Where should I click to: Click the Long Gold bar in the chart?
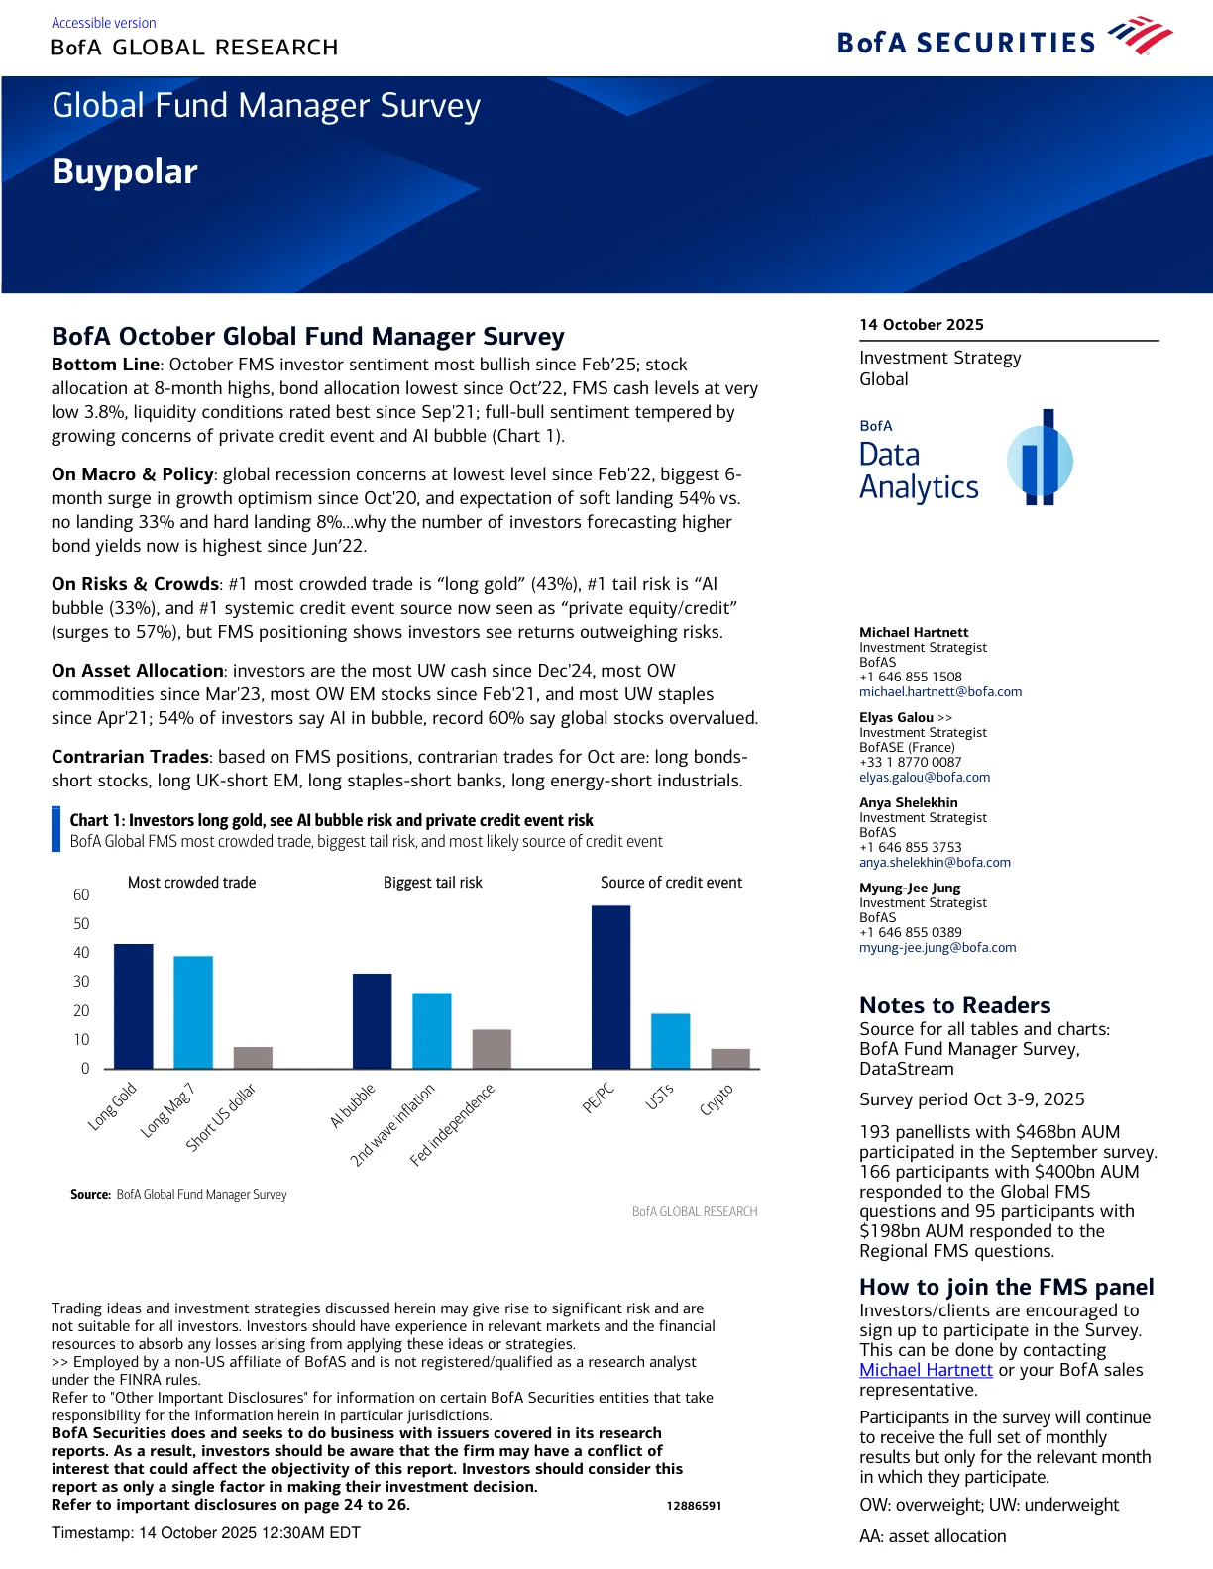click(x=134, y=1005)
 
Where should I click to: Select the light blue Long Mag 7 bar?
click(x=193, y=1011)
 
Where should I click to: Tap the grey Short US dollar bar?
click(x=253, y=1057)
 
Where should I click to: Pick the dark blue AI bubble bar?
click(x=373, y=1020)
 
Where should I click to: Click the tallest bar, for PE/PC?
click(x=610, y=987)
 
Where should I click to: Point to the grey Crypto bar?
click(x=730, y=1058)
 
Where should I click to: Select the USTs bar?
click(x=671, y=1040)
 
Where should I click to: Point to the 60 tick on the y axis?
click(x=81, y=895)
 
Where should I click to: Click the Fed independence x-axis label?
click(x=453, y=1124)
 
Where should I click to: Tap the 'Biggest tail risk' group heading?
click(x=433, y=883)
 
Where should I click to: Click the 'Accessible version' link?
click(x=104, y=23)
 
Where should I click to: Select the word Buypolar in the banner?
click(x=125, y=172)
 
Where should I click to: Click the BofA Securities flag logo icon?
click(x=1141, y=37)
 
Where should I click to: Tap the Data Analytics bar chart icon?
click(x=1041, y=459)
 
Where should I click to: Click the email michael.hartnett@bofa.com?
click(x=940, y=692)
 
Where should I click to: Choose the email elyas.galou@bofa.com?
click(x=925, y=778)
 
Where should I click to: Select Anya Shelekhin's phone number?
click(x=911, y=847)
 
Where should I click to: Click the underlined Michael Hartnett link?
click(x=926, y=1370)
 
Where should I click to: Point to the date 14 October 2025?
click(x=922, y=325)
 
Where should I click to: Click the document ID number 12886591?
click(x=694, y=1506)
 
